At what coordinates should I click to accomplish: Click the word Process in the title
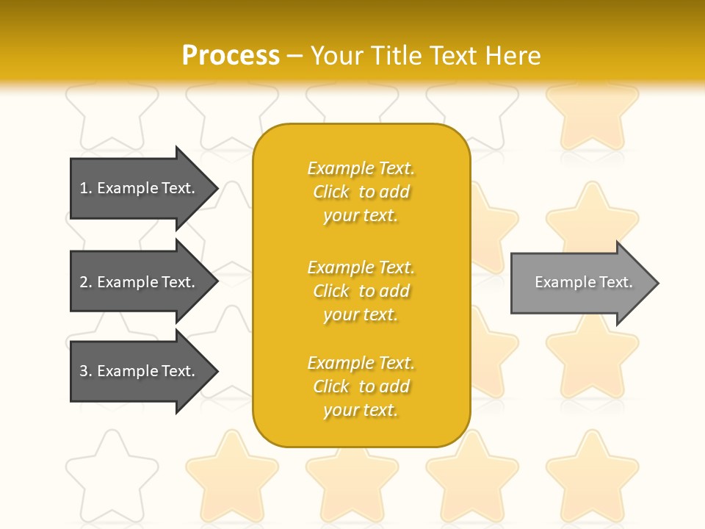pyautogui.click(x=231, y=56)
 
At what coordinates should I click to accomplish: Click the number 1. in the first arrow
pyautogui.click(x=86, y=188)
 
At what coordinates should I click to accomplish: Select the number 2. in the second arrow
pyautogui.click(x=86, y=282)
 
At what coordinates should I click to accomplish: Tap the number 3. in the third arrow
pyautogui.click(x=86, y=371)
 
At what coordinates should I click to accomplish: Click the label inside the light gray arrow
pyautogui.click(x=583, y=282)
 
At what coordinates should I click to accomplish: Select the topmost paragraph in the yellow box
pyautogui.click(x=361, y=192)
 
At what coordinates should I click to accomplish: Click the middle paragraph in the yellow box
pyautogui.click(x=361, y=291)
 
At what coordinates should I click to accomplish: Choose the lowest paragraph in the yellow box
pyautogui.click(x=361, y=386)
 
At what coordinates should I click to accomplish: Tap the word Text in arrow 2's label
pyautogui.click(x=178, y=282)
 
